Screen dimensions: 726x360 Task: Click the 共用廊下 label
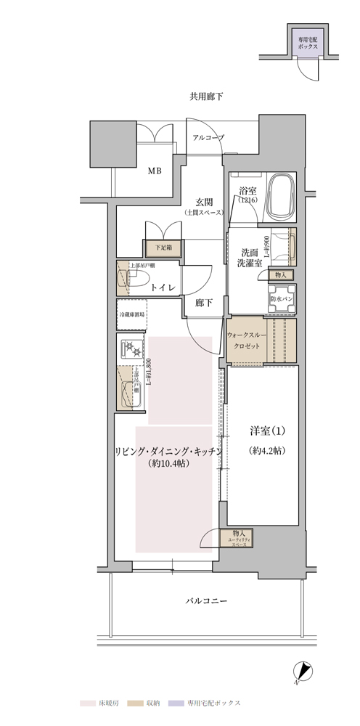(x=206, y=97)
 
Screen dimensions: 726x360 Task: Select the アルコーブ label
(x=208, y=137)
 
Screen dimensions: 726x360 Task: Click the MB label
(x=155, y=171)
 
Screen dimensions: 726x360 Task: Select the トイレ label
(x=161, y=288)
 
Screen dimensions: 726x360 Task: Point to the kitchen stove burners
(x=133, y=349)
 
